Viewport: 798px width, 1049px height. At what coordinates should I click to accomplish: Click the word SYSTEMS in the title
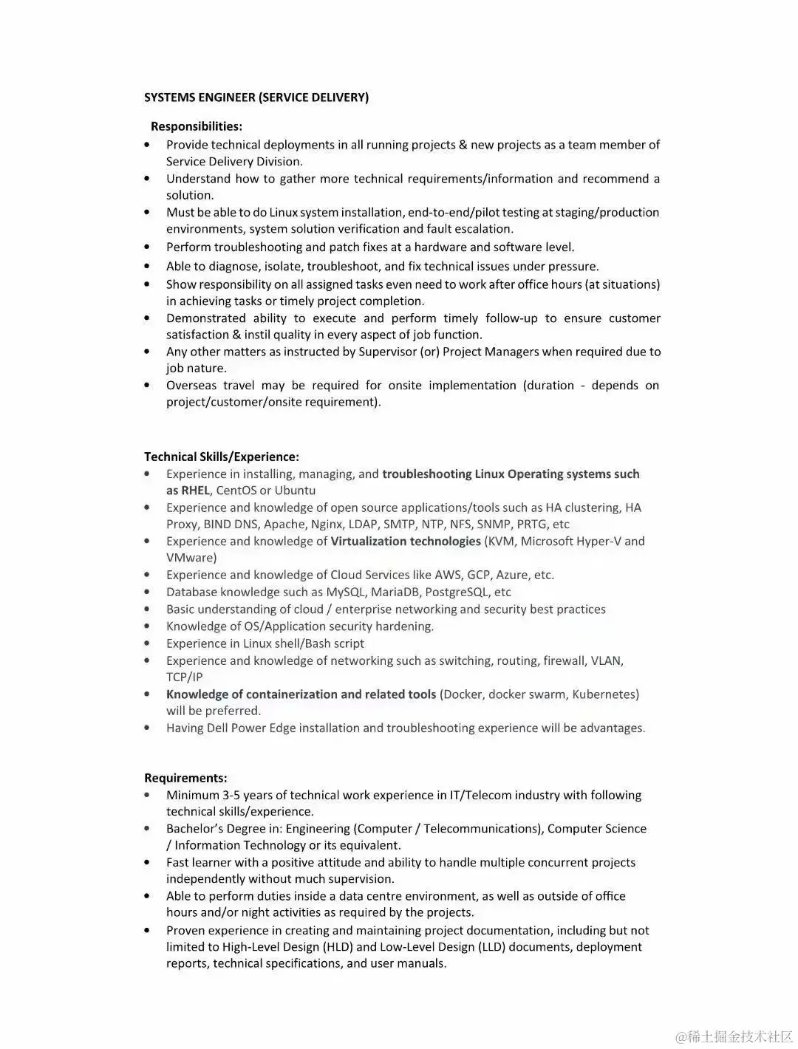[x=170, y=98]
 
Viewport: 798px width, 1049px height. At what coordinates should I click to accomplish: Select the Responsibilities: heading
[x=197, y=126]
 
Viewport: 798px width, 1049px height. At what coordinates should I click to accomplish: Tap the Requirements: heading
[x=185, y=778]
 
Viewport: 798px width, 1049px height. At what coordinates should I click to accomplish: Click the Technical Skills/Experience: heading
[x=222, y=457]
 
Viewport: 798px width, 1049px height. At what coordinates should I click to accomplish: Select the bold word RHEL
[x=196, y=491]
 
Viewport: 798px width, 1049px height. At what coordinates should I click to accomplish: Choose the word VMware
[x=189, y=558]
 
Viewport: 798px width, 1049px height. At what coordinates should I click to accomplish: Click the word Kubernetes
[x=604, y=694]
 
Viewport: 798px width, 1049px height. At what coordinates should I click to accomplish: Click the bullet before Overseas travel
[x=148, y=386]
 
